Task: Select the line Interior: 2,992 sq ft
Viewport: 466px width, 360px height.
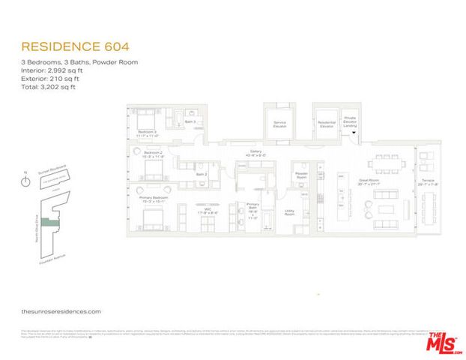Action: click(50, 70)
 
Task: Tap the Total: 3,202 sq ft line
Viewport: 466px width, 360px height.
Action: click(48, 87)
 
